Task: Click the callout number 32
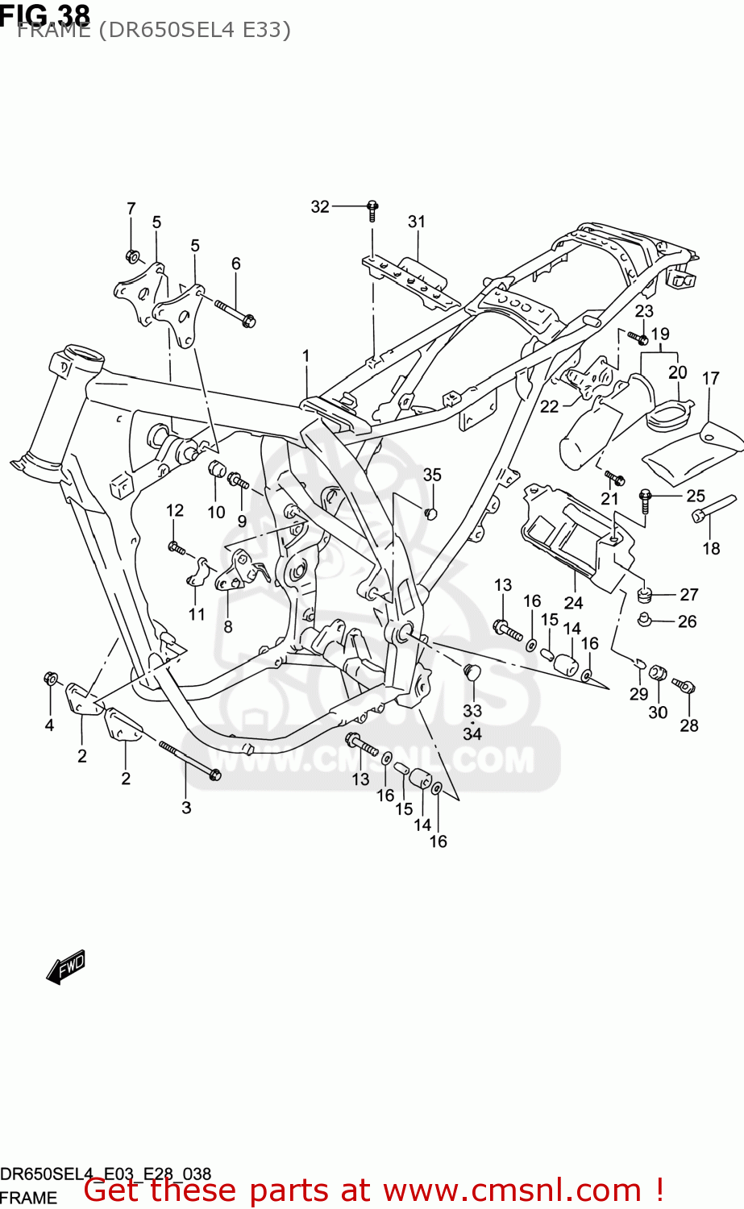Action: point(320,207)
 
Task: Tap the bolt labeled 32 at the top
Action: point(372,210)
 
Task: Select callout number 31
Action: point(416,222)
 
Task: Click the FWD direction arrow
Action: point(66,966)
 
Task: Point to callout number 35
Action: point(432,475)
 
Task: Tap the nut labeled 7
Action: point(133,256)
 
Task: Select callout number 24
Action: point(573,603)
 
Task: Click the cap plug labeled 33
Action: point(472,671)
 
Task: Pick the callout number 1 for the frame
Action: point(306,356)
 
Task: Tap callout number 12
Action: point(175,510)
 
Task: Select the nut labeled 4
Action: point(50,679)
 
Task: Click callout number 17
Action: point(710,378)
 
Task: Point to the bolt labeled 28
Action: point(684,686)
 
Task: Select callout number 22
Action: point(549,407)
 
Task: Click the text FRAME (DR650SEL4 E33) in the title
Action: point(153,31)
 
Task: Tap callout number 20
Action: point(677,372)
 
